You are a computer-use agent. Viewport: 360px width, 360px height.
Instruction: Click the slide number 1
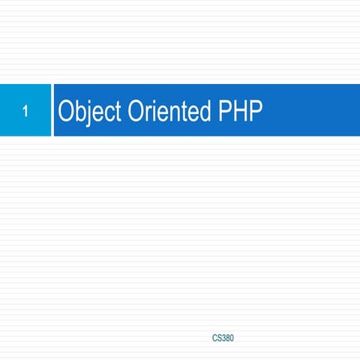pos(25,113)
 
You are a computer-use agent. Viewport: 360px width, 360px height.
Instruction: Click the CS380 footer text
pos(223,338)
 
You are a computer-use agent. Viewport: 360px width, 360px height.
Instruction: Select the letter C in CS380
pos(215,338)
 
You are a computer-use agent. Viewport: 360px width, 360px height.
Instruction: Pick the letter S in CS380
pos(220,338)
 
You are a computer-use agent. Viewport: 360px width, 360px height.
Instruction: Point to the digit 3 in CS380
pos(224,338)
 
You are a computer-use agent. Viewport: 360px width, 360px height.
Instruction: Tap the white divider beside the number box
pos(52,110)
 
